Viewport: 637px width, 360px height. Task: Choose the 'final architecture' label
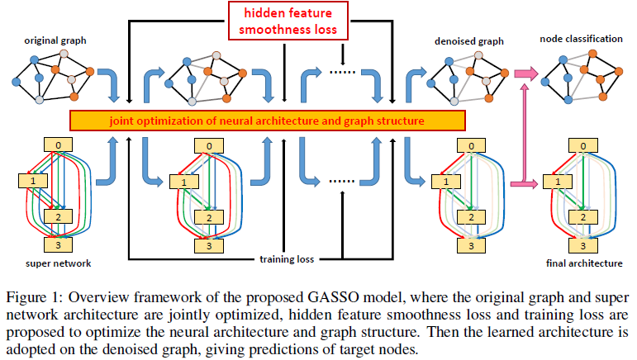pyautogui.click(x=583, y=264)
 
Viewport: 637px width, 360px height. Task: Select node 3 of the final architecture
pyautogui.click(x=583, y=245)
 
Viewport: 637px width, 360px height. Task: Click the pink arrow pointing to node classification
pyautogui.click(x=525, y=75)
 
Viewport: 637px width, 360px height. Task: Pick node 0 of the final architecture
pyautogui.click(x=583, y=147)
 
